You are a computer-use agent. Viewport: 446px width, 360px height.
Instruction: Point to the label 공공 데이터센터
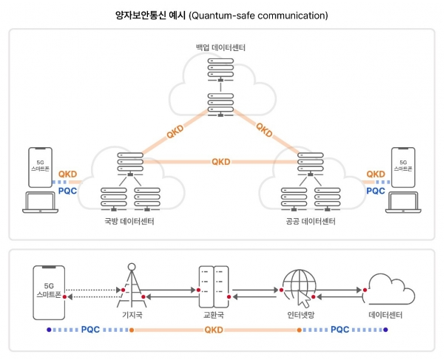(x=309, y=222)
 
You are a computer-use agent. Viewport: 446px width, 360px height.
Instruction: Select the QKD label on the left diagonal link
(x=175, y=132)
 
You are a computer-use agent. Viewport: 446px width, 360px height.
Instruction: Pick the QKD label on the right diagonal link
(x=264, y=132)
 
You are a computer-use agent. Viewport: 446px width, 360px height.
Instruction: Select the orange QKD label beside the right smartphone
(x=376, y=175)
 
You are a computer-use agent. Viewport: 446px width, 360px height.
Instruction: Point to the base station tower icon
(x=131, y=285)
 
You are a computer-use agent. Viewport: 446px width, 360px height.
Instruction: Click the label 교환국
(x=213, y=315)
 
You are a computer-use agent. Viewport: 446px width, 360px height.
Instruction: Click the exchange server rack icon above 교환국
(x=212, y=286)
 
